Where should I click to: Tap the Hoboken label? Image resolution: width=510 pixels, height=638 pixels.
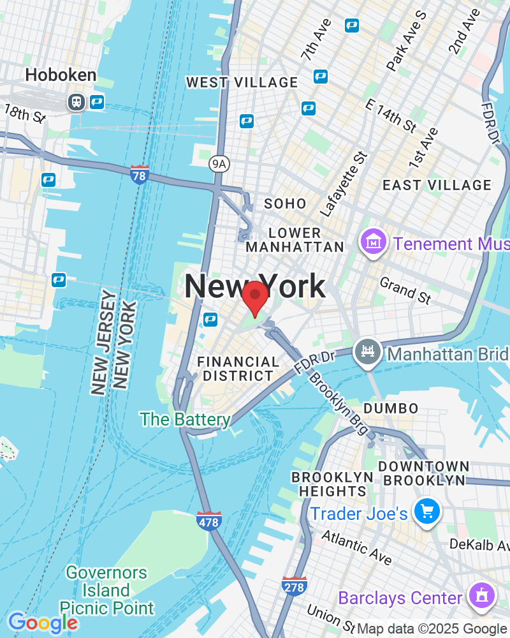pos(61,75)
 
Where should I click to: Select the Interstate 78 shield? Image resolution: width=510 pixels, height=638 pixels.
pos(139,174)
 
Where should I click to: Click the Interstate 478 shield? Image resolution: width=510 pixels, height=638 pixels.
pos(208,520)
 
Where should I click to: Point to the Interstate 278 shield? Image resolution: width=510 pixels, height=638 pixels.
pos(294,586)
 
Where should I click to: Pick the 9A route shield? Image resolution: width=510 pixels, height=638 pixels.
pos(219,164)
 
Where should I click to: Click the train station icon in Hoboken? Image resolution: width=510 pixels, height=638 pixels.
pos(76,101)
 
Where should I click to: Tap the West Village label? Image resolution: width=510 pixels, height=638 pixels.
pos(242,82)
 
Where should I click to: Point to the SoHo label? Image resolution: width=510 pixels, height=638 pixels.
pos(285,204)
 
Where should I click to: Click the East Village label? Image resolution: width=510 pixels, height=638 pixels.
pos(437,185)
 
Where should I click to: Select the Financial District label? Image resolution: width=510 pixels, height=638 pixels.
pos(238,369)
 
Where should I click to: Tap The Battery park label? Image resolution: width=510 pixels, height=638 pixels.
pos(185,419)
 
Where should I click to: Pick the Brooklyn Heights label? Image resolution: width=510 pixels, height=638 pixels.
pos(332,484)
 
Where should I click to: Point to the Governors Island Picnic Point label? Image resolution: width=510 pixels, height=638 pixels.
pos(106,590)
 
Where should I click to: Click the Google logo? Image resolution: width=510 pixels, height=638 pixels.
pos(42,623)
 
